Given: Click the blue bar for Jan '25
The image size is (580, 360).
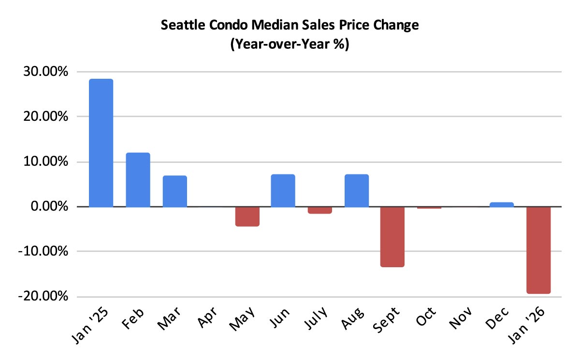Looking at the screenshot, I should (101, 143).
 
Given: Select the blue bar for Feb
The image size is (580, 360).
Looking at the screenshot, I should (138, 180).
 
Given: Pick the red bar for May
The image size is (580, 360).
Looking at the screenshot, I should (247, 216).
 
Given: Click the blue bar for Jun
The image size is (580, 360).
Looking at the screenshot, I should (283, 191).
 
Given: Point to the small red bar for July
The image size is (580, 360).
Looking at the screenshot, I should (320, 210).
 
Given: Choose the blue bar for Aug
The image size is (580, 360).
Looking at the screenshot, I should (357, 191).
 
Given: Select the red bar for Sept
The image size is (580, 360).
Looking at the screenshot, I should (392, 237).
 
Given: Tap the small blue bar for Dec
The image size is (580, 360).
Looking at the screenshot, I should (502, 205).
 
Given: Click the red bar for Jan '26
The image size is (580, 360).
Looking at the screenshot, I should (538, 250).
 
